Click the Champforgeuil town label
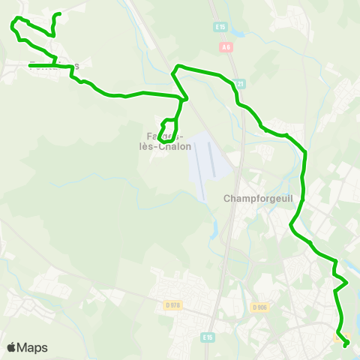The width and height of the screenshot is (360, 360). coord(256,199)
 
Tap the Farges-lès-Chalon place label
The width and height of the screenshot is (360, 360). coord(169,141)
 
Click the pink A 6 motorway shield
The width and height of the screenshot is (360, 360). coord(227,46)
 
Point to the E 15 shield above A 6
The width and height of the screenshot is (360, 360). coord(220,27)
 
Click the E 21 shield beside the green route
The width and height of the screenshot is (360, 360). coord(239,84)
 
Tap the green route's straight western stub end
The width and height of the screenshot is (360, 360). coord(30,66)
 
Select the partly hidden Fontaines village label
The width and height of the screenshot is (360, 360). coord(53,65)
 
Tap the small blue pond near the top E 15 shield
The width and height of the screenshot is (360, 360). coord(238,34)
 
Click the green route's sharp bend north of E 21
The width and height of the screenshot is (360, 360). coord(176,68)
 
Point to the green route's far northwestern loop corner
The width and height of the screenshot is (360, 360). coord(13,25)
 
